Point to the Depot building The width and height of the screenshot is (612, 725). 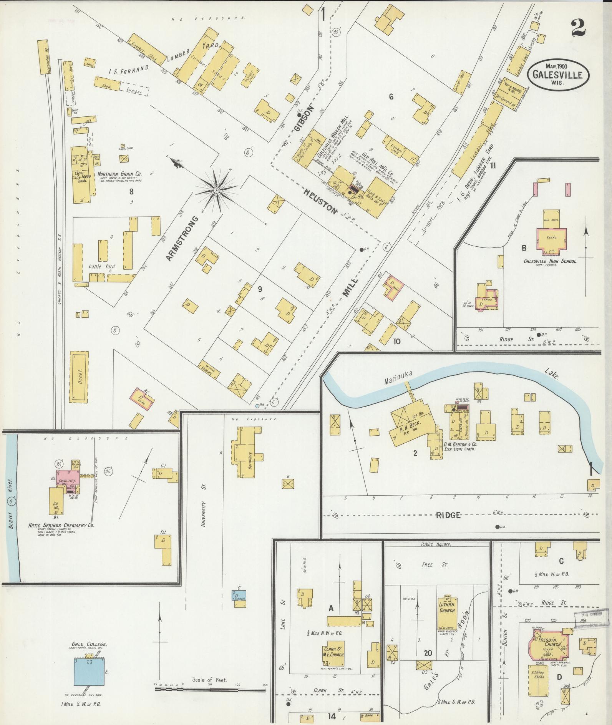(79, 377)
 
